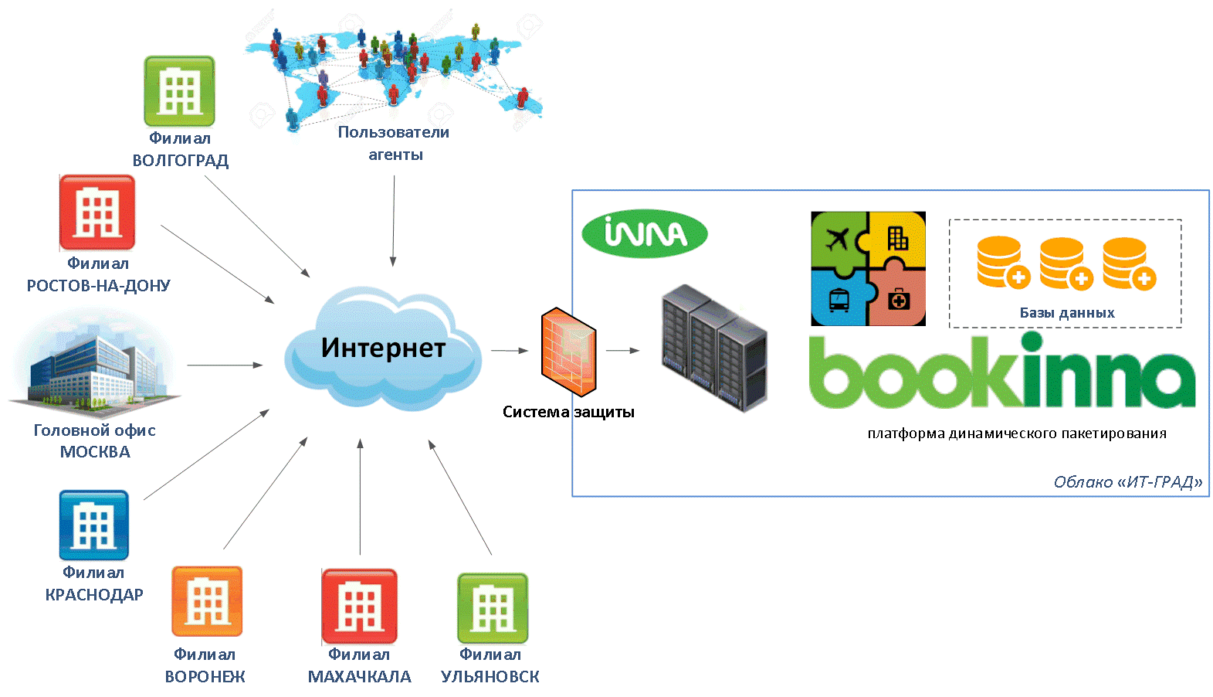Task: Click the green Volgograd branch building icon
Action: pos(179,91)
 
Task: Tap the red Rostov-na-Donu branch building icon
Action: pos(97,212)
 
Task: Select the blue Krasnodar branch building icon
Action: pos(94,525)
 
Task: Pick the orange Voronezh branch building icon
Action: pos(207,601)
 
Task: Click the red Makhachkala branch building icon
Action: pos(360,607)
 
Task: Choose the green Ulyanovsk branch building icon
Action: pos(493,608)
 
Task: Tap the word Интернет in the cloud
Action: pos(383,348)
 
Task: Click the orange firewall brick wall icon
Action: pos(569,352)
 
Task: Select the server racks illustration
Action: pos(714,348)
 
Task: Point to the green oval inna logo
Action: pos(645,233)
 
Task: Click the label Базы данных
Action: pos(1067,313)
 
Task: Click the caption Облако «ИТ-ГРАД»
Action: pos(1128,482)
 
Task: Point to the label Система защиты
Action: pos(568,412)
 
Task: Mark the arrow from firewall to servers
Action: pos(622,351)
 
